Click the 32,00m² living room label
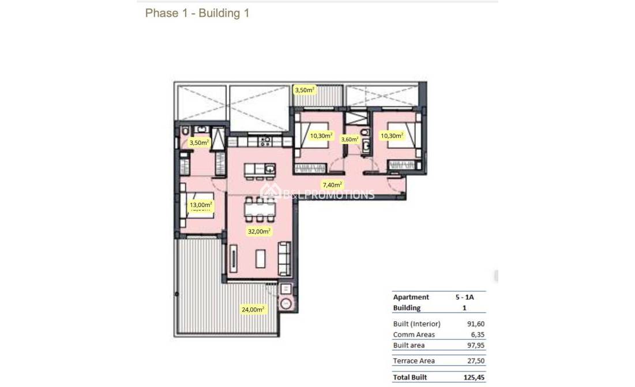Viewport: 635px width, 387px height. pos(260,231)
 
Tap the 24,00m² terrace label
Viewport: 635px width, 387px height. pos(253,310)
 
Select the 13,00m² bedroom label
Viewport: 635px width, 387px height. pos(201,205)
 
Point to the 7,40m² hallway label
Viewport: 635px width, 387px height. pos(332,185)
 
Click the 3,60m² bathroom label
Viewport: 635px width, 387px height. pos(350,139)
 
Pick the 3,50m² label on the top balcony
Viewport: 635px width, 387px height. pos(305,90)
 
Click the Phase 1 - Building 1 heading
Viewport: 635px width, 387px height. pos(197,13)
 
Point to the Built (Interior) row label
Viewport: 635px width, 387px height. pos(416,324)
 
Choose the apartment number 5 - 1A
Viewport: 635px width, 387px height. pos(464,297)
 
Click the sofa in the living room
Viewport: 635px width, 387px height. pos(284,258)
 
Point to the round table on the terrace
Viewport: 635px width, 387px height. pos(286,304)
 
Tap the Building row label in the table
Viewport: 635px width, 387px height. pos(407,308)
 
